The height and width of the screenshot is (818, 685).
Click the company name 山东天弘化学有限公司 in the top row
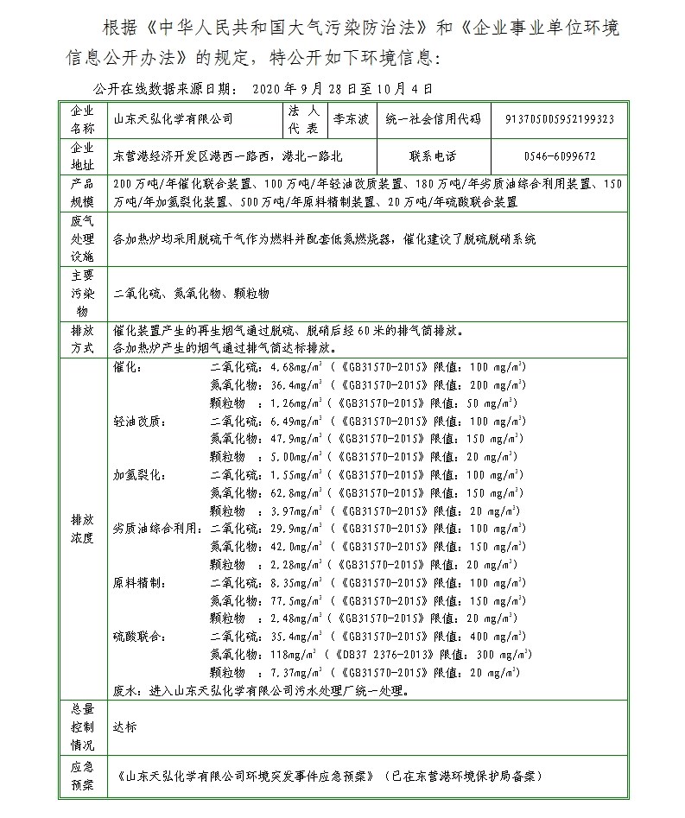click(x=173, y=118)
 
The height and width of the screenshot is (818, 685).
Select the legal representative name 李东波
click(x=348, y=117)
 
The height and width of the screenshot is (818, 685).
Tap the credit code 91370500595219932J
click(x=559, y=118)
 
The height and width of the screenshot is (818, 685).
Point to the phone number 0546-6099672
click(x=559, y=157)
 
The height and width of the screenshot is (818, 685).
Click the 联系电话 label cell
click(x=433, y=157)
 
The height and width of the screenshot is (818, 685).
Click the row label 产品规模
click(x=81, y=193)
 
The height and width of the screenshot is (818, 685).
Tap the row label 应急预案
click(x=81, y=775)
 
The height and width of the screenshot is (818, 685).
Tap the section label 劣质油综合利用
click(x=160, y=528)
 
